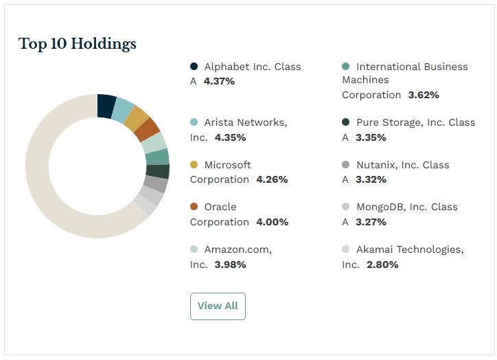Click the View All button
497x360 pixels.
click(x=218, y=306)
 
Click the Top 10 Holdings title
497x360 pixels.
click(x=77, y=44)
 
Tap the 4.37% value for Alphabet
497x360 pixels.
click(x=219, y=81)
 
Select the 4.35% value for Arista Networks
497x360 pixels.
click(x=230, y=137)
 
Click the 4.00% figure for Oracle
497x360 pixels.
click(x=272, y=222)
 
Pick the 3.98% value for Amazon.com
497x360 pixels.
click(x=230, y=265)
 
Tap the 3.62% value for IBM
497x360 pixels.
click(x=423, y=95)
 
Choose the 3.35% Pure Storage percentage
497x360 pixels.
click(x=371, y=137)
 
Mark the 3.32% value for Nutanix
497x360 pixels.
click(x=371, y=179)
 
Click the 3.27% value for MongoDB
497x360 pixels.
click(x=371, y=222)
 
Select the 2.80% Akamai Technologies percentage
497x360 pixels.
click(x=382, y=265)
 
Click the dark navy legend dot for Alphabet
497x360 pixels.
click(x=194, y=67)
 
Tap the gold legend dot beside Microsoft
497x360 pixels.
click(x=194, y=165)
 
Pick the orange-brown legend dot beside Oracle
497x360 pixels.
click(x=194, y=207)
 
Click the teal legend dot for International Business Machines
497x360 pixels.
click(x=346, y=67)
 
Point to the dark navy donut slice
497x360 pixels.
click(x=106, y=105)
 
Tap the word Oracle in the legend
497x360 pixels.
click(x=220, y=207)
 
